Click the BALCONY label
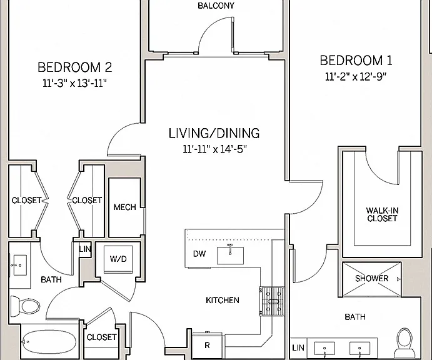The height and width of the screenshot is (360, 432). coord(216,6)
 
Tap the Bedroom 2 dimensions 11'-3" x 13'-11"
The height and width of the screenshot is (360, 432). coord(74,83)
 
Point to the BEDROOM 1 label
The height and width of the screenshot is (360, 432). coord(356,61)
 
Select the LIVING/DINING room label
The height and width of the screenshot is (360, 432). coord(214,133)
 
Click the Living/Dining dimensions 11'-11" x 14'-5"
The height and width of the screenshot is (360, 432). coord(214,149)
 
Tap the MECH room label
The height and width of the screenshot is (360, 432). coord(125,207)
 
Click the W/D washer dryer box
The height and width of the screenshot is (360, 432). coord(118,259)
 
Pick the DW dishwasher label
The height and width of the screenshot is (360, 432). coord(199,254)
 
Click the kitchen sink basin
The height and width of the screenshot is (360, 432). coord(230,256)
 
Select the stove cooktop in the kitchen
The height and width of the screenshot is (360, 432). coord(272,301)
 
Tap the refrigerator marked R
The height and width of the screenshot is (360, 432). coord(207,346)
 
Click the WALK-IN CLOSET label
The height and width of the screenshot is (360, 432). coord(382,214)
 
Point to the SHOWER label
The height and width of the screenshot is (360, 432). coord(371,279)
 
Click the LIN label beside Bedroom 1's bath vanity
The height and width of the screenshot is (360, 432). coord(298,348)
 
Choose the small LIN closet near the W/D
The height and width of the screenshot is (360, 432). coord(85,249)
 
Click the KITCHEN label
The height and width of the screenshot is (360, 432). coord(223,300)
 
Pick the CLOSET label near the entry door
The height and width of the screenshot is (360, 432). coord(101,337)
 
